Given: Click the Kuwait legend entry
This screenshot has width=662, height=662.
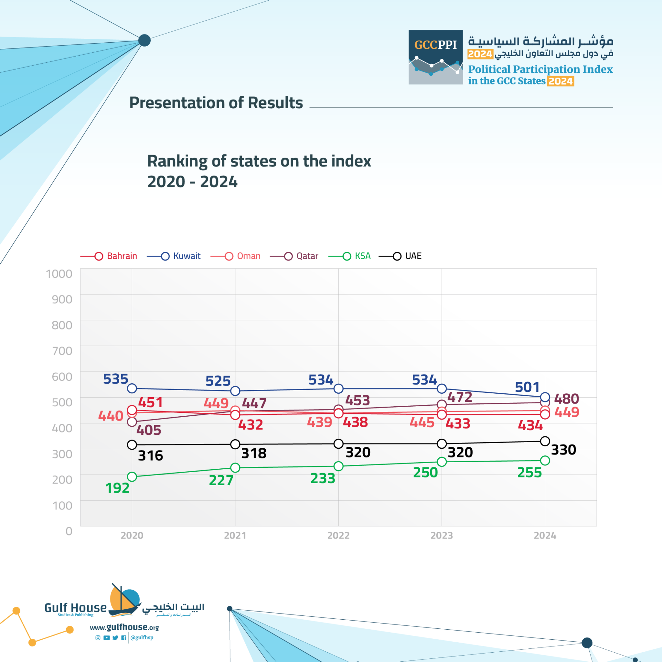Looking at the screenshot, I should (175, 256).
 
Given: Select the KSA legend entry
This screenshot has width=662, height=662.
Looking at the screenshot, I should (350, 256).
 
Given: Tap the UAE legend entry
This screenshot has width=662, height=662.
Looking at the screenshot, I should (401, 256).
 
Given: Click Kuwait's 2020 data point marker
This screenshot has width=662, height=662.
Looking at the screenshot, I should (132, 388).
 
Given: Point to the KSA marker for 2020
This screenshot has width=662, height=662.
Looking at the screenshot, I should (132, 477).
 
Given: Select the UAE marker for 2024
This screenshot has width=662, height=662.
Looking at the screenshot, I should (545, 441).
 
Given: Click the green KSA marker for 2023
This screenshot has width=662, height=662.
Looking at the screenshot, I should (442, 462).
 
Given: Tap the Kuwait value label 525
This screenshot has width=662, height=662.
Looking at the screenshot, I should (218, 381).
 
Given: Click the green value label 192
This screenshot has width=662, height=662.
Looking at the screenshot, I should (117, 488).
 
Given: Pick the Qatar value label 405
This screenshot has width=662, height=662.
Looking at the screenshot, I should (149, 430).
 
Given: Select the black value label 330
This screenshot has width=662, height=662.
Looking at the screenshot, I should (563, 450).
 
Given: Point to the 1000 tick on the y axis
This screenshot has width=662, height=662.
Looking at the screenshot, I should (59, 273).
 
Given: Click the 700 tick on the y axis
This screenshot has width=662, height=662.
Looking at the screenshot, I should (62, 350).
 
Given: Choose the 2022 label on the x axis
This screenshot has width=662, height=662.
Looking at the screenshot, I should (338, 535).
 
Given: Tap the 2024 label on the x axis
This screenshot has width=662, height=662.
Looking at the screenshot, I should (545, 535).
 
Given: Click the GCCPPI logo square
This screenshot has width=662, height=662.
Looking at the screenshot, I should (435, 57).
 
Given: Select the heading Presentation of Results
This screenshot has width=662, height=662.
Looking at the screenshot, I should (216, 102).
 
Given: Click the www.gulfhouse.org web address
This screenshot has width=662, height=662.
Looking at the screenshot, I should (124, 627).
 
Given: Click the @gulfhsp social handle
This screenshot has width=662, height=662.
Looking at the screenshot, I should (142, 637).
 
